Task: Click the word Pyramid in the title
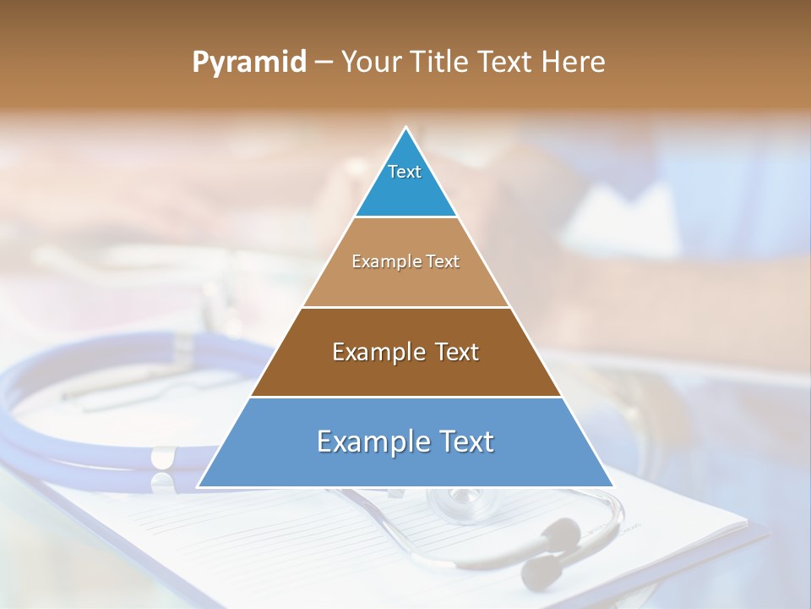249,63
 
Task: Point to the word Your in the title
370,63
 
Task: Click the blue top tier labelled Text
405,182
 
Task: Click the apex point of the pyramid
406,128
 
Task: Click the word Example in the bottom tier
369,442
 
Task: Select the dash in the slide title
324,63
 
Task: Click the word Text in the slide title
504,63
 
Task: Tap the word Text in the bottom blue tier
464,442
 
